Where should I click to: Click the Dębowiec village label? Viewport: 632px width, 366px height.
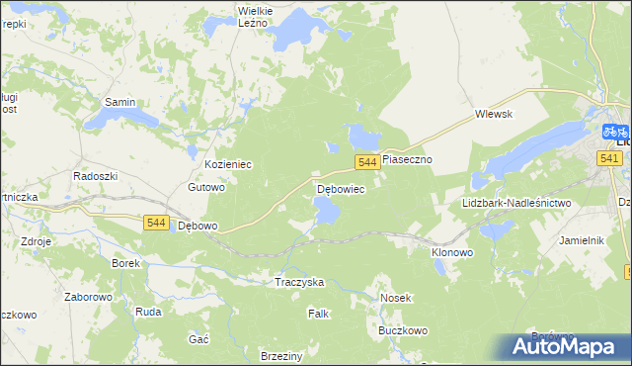coord(341,188)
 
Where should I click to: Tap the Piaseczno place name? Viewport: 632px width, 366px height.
coord(408,158)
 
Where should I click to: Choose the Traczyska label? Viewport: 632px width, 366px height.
coord(299,282)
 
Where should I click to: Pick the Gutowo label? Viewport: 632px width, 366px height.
coord(207,186)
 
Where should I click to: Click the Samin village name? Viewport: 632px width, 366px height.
coord(120,102)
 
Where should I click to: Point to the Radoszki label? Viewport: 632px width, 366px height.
coord(96,175)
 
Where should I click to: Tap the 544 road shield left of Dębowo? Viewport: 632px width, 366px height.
coord(155,223)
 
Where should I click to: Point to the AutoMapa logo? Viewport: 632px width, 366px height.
coord(569,345)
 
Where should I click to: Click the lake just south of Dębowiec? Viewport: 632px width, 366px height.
coord(326,210)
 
